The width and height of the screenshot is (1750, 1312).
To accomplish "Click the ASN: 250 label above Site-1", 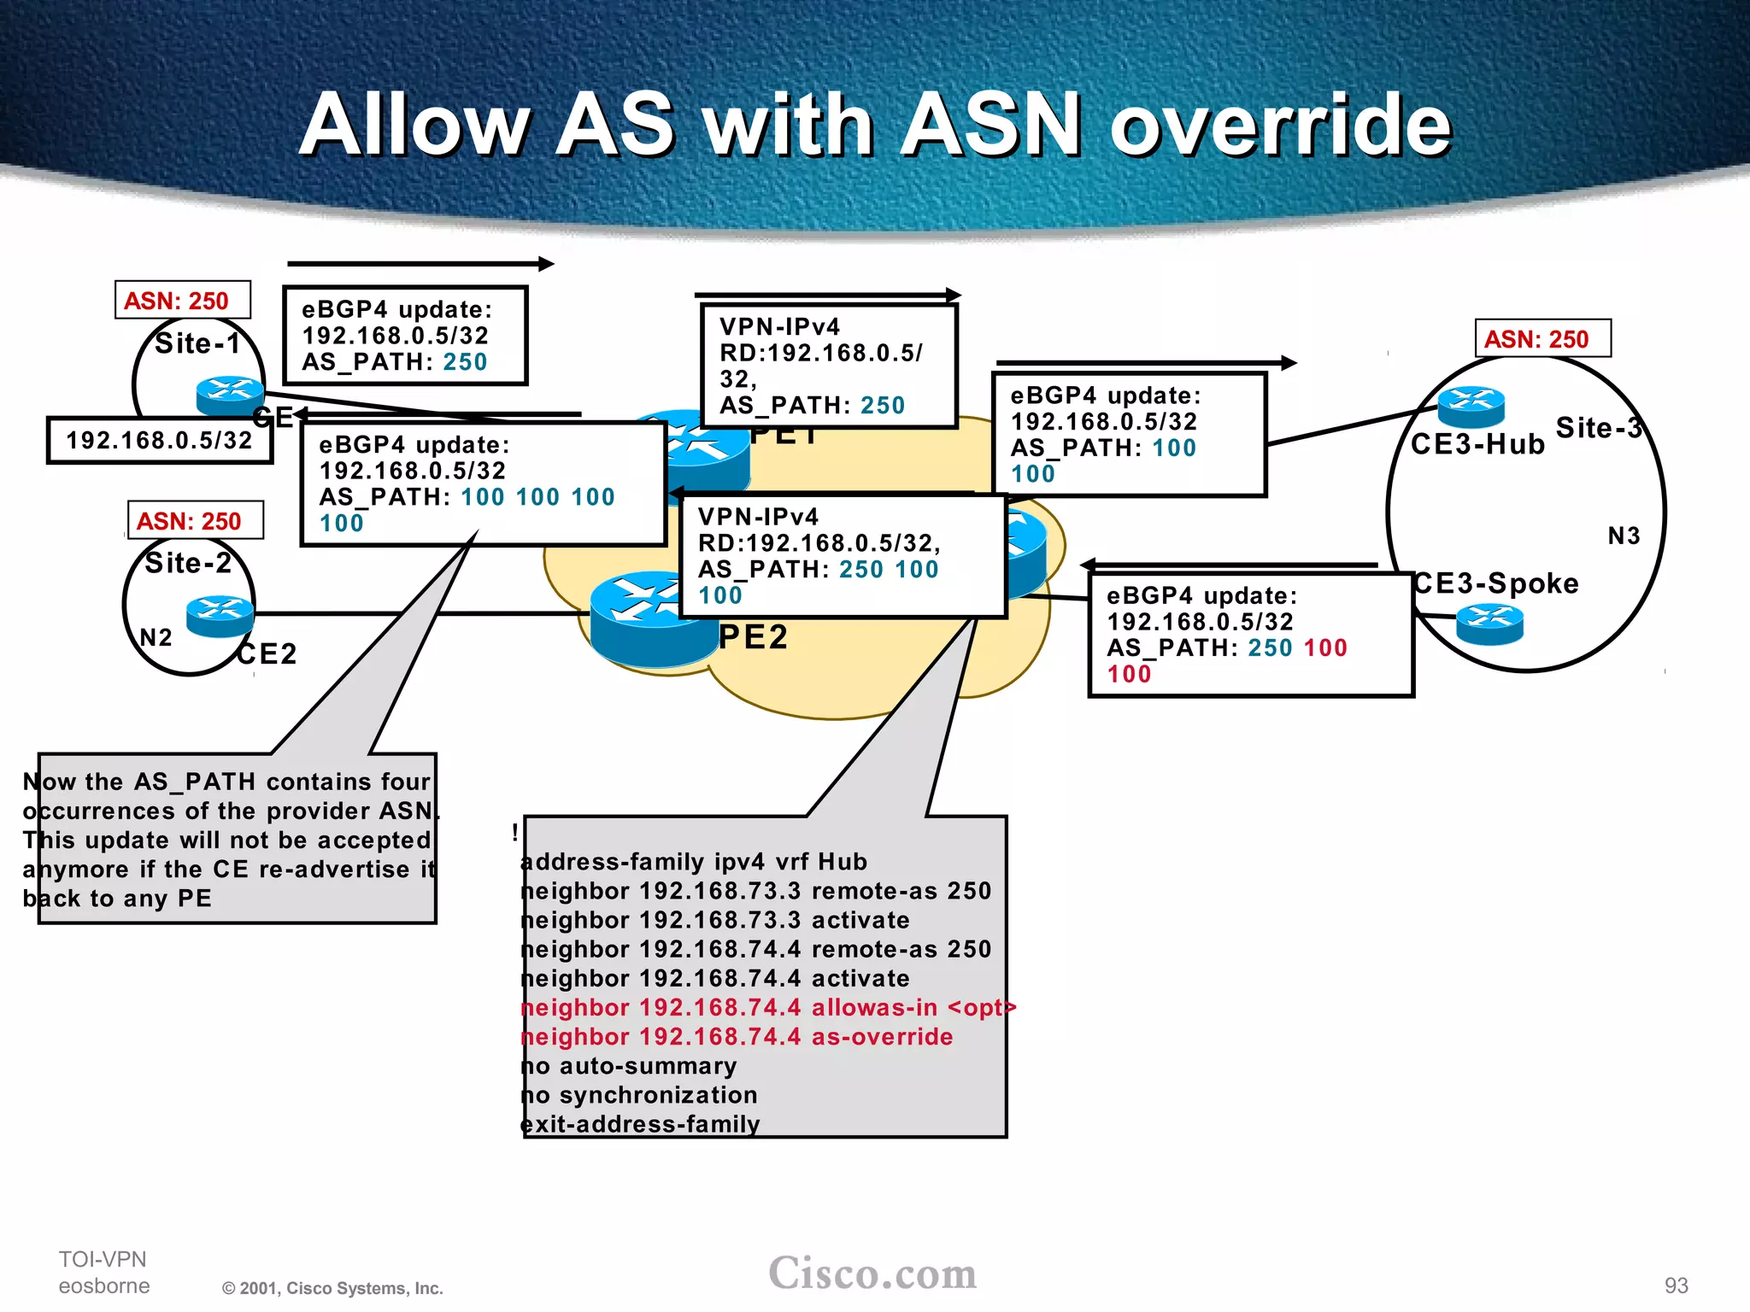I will point(182,301).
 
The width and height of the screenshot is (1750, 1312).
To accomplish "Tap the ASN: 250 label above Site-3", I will point(1542,339).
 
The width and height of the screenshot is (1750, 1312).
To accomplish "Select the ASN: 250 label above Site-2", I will point(195,521).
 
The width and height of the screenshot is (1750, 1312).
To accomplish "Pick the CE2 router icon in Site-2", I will point(220,615).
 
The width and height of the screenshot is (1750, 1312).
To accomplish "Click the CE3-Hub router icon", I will point(1471,406).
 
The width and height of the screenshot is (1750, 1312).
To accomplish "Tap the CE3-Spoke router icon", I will point(1489,623).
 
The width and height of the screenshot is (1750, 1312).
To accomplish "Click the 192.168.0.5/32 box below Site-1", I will point(160,441).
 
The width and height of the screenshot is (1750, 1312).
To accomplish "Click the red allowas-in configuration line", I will point(767,1008).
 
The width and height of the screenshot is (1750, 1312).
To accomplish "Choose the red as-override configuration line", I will point(737,1037).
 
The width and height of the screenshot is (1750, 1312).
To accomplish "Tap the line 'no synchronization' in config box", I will point(639,1095).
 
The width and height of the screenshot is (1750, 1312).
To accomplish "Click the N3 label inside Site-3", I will point(1624,536).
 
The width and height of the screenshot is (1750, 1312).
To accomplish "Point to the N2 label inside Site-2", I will point(156,637).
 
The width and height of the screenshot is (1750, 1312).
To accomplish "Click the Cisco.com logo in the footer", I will point(872,1274).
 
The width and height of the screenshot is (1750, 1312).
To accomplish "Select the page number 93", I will point(1676,1286).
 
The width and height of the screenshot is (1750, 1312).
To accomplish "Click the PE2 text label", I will point(753,637).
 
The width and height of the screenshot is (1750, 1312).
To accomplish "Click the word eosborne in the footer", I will point(104,1286).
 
